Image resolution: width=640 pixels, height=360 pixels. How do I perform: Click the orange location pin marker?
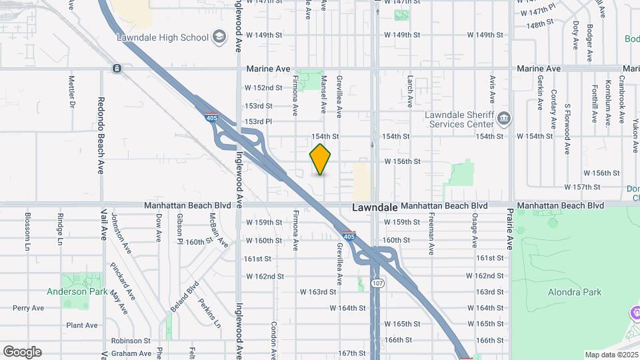320,159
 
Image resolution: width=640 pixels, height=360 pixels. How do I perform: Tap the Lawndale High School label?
163,37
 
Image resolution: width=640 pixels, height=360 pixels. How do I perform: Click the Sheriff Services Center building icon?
504,119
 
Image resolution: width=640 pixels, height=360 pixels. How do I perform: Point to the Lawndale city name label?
374,207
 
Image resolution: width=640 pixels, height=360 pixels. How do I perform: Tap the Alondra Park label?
574,292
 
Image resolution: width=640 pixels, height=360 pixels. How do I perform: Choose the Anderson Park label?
79,291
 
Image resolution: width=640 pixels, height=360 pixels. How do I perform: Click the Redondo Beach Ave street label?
101,141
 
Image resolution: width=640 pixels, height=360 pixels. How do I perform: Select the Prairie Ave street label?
510,229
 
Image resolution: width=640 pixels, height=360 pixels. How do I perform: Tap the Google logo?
22,351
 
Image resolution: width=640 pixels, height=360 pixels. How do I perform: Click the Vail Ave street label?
104,223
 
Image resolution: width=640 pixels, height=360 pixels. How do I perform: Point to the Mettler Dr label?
71,92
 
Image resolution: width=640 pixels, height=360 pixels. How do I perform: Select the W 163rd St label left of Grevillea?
318,292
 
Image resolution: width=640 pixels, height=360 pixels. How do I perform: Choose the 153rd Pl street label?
259,121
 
